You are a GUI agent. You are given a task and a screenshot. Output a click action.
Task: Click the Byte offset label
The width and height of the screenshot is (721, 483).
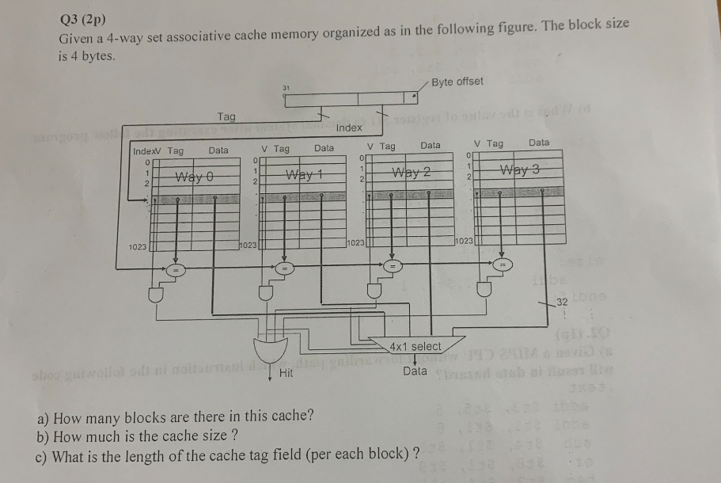pyautogui.click(x=458, y=82)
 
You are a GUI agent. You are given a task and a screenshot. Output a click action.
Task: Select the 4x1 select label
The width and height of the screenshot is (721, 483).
pyautogui.click(x=415, y=347)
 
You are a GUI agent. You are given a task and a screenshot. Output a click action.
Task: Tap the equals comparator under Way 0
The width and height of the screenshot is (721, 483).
pyautogui.click(x=177, y=270)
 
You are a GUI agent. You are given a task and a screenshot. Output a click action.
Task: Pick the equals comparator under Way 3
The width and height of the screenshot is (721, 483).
pyautogui.click(x=500, y=264)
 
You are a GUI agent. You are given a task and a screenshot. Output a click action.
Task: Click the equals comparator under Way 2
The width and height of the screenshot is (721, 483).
pyautogui.click(x=390, y=267)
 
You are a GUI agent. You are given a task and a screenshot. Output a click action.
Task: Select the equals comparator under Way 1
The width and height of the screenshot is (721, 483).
pyautogui.click(x=283, y=269)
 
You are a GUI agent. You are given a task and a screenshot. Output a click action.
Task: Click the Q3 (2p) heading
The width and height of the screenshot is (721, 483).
pyautogui.click(x=83, y=19)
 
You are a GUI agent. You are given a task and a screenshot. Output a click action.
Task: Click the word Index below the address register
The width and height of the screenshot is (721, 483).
pyautogui.click(x=349, y=127)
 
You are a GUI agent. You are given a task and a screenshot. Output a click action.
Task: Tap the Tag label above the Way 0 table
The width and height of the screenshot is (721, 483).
pyautogui.click(x=226, y=117)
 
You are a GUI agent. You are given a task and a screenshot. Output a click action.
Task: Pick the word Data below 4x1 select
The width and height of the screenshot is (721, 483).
pyautogui.click(x=415, y=371)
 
